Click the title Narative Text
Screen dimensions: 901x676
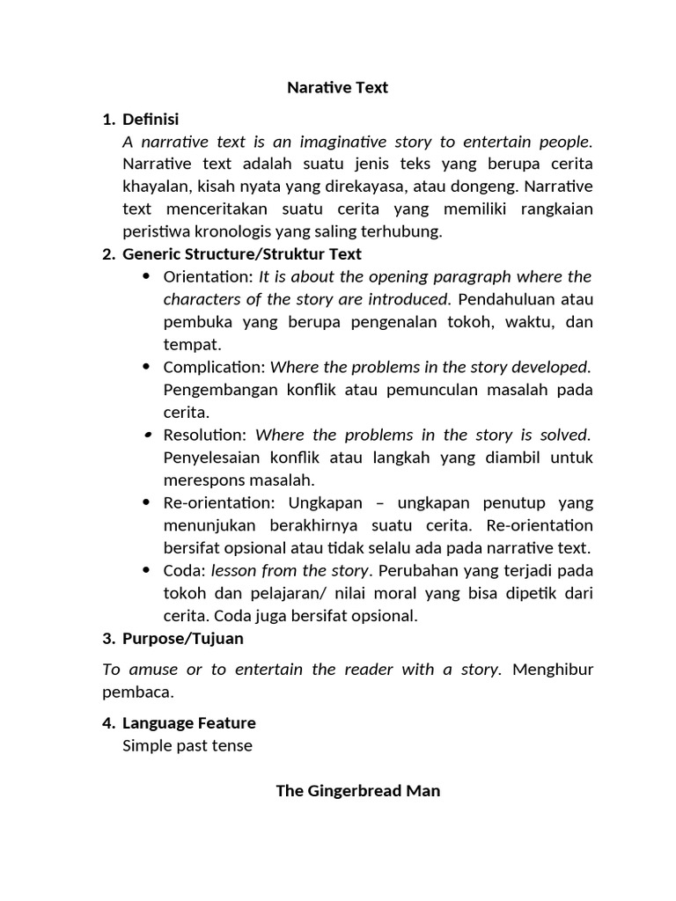coord(337,88)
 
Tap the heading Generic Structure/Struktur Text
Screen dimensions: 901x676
coord(242,254)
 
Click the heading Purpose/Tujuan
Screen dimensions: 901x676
coord(183,638)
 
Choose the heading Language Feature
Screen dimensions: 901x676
coord(189,723)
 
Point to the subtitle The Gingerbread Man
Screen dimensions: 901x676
coord(358,791)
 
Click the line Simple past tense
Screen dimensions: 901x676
coord(187,746)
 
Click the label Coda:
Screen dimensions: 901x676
coord(185,570)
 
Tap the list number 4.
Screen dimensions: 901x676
coord(107,723)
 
